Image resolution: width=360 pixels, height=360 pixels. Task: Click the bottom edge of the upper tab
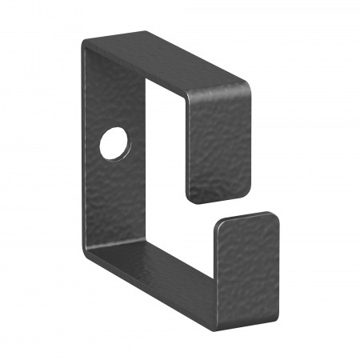click(220, 200)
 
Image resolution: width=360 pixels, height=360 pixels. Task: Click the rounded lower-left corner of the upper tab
click(193, 196)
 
